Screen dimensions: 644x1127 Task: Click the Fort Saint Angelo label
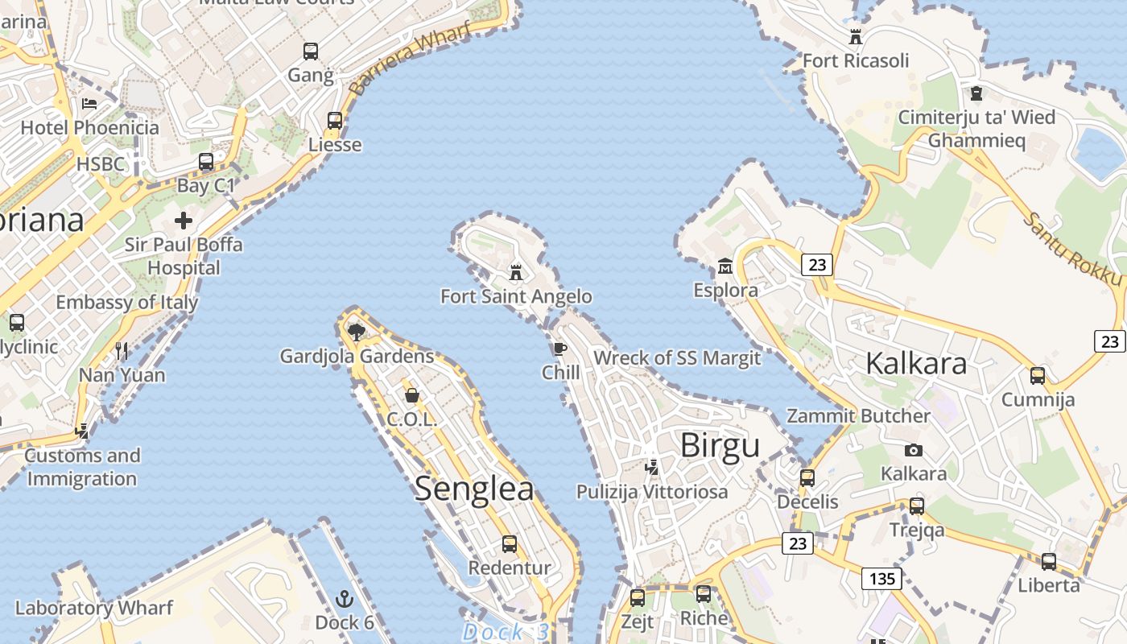(516, 297)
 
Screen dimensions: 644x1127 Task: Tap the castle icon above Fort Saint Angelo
(516, 272)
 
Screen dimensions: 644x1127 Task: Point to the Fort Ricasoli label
(856, 61)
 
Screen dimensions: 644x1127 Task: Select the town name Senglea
(474, 489)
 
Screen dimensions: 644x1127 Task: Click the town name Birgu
(720, 445)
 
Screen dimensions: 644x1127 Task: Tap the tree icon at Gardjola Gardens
(356, 332)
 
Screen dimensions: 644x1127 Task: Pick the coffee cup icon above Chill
(560, 349)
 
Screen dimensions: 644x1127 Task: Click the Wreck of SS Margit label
(677, 358)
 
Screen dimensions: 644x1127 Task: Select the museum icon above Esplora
(725, 266)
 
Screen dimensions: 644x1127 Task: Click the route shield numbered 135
(881, 578)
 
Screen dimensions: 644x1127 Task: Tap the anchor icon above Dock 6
(345, 599)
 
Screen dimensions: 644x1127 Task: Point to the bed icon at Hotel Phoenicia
(89, 104)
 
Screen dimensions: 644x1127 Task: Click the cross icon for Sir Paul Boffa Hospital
(184, 221)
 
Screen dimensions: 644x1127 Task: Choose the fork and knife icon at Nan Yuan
(122, 351)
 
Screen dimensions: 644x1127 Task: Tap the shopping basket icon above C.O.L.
(412, 395)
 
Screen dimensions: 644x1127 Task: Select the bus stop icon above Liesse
(335, 121)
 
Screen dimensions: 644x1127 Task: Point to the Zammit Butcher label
(858, 416)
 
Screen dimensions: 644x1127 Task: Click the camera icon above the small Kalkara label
(913, 450)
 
